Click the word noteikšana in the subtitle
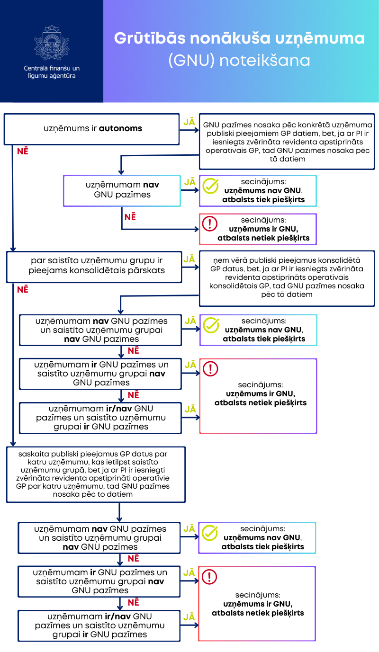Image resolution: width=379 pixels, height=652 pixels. [x=265, y=61]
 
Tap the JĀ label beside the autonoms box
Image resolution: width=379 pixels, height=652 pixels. [x=189, y=122]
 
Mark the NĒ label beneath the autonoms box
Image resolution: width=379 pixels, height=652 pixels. [x=22, y=152]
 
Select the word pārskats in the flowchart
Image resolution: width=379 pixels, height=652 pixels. [x=148, y=270]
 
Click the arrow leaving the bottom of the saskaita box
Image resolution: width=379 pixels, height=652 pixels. [x=119, y=512]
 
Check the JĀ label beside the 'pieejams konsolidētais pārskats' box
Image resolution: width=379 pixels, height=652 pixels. [x=189, y=259]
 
